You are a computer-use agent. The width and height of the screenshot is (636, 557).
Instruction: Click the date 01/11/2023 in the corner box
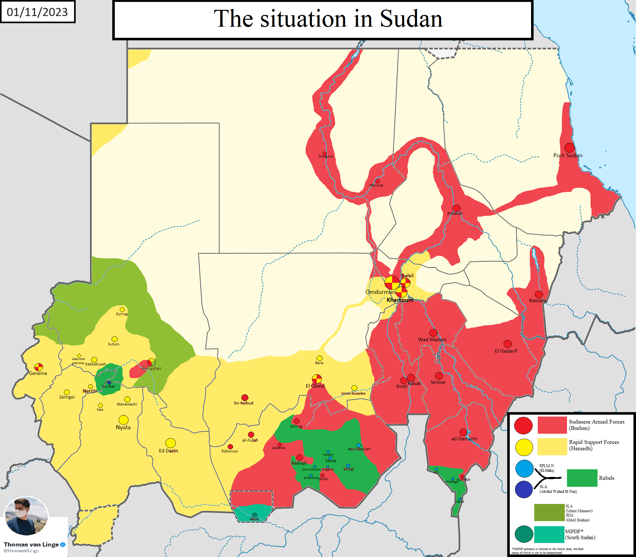coord(37,12)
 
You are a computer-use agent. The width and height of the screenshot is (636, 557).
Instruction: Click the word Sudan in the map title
coord(411,19)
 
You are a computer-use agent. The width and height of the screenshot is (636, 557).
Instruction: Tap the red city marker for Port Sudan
coord(569,147)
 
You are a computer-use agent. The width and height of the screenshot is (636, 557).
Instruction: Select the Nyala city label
coord(123,427)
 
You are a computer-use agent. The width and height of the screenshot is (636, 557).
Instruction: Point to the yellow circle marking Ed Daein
coord(170,443)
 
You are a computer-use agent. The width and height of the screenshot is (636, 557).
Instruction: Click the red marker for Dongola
coord(325,153)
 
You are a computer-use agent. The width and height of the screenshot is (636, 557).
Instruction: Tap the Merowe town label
coord(376,185)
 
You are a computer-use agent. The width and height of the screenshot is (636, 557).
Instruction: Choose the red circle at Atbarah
coord(456,208)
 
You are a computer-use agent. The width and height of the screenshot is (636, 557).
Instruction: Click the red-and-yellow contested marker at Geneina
coord(38,367)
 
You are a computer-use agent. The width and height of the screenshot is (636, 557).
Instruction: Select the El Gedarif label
coord(506,351)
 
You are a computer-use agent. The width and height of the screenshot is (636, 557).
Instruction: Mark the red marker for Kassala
coord(539,294)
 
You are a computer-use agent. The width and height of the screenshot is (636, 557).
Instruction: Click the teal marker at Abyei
coord(254,515)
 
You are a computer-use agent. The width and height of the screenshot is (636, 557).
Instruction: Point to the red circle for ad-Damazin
coord(463,432)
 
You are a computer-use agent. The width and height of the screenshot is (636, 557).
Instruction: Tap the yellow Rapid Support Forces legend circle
coord(524,447)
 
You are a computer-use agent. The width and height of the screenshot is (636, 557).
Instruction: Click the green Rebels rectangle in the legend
coord(582,478)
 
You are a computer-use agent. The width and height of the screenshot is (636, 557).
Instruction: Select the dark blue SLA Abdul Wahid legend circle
coord(524,490)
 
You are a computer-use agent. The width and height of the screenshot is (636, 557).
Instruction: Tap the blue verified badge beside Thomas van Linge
coord(63,545)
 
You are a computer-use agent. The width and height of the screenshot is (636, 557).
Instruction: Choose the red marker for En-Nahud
coord(245,397)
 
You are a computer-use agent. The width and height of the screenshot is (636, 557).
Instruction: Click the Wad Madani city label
coord(432,339)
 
